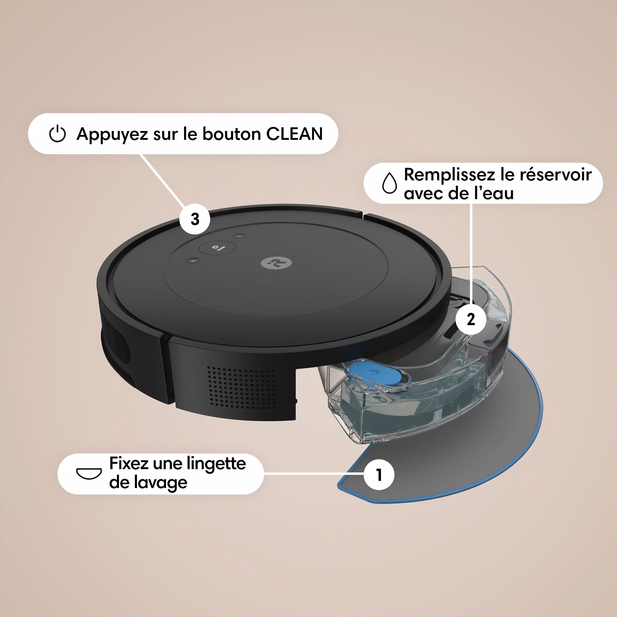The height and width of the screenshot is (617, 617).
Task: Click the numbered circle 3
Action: point(195,219)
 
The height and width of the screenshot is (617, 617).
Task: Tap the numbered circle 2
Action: point(471,319)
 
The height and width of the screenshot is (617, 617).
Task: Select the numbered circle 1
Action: point(379,474)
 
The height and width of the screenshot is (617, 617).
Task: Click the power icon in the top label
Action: point(58,134)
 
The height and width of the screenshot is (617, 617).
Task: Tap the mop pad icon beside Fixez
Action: point(89,473)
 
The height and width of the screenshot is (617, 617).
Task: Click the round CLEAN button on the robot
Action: point(217,247)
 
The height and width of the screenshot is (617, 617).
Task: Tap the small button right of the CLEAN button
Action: point(240,236)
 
